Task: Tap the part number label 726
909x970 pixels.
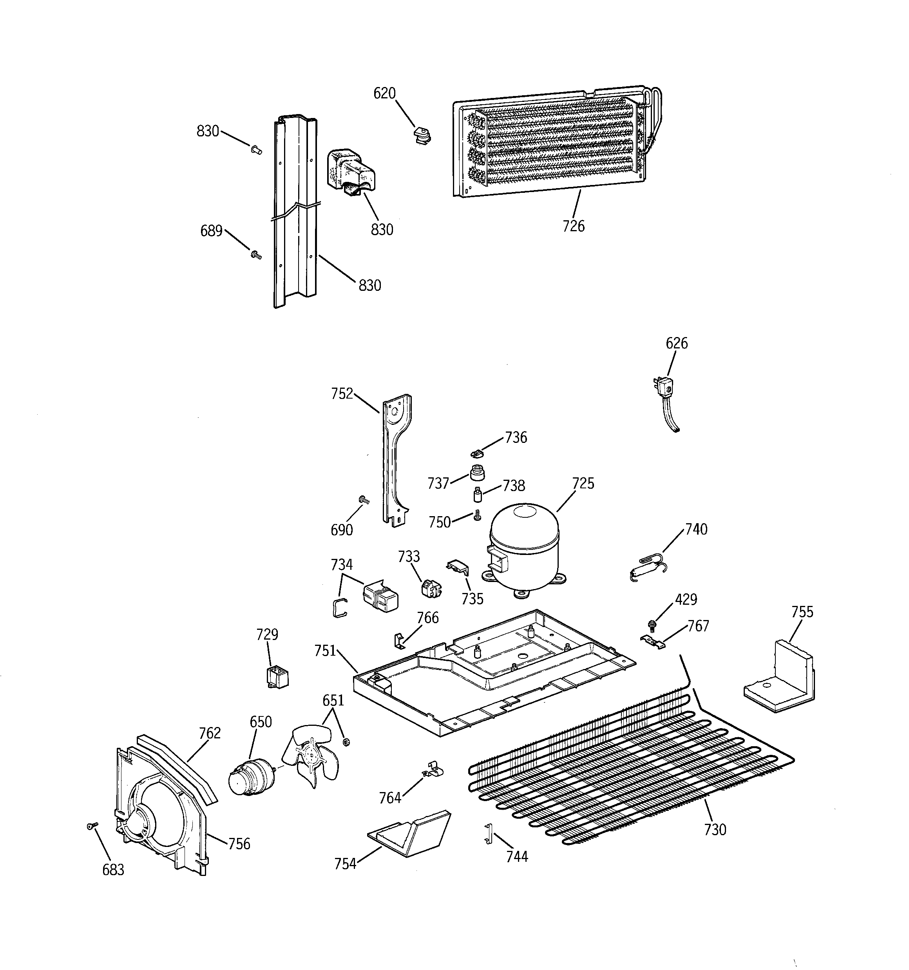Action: coord(573,226)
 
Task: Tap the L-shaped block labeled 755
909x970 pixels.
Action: coord(780,680)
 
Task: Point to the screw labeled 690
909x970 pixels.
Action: coord(364,500)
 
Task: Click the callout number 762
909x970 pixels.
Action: coord(210,733)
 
